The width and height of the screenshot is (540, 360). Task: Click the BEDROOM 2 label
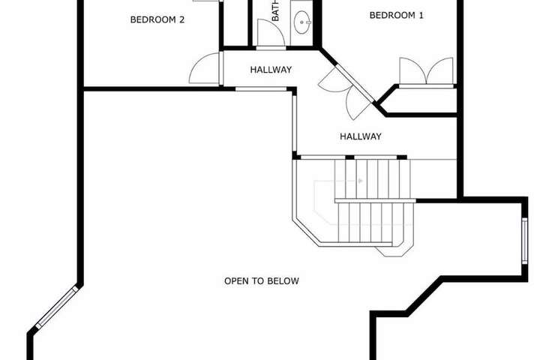157,19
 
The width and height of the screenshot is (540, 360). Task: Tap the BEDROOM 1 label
397,15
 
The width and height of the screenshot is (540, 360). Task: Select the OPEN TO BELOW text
262,281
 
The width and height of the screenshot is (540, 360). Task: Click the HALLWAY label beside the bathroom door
271,70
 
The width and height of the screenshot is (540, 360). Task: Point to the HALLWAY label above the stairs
361,136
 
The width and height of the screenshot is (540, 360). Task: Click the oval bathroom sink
302,22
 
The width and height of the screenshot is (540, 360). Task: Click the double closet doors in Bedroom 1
426,71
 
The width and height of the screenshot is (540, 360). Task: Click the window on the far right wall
524,241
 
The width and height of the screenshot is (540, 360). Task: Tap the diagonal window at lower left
57,306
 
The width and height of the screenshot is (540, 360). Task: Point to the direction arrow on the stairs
360,181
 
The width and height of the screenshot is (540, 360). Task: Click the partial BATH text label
275,10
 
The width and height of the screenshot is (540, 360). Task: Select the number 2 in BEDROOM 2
181,19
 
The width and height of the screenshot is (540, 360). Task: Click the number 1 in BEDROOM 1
421,15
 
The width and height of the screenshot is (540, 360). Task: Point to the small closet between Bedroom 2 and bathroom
236,22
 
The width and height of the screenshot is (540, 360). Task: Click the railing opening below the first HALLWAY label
261,89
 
